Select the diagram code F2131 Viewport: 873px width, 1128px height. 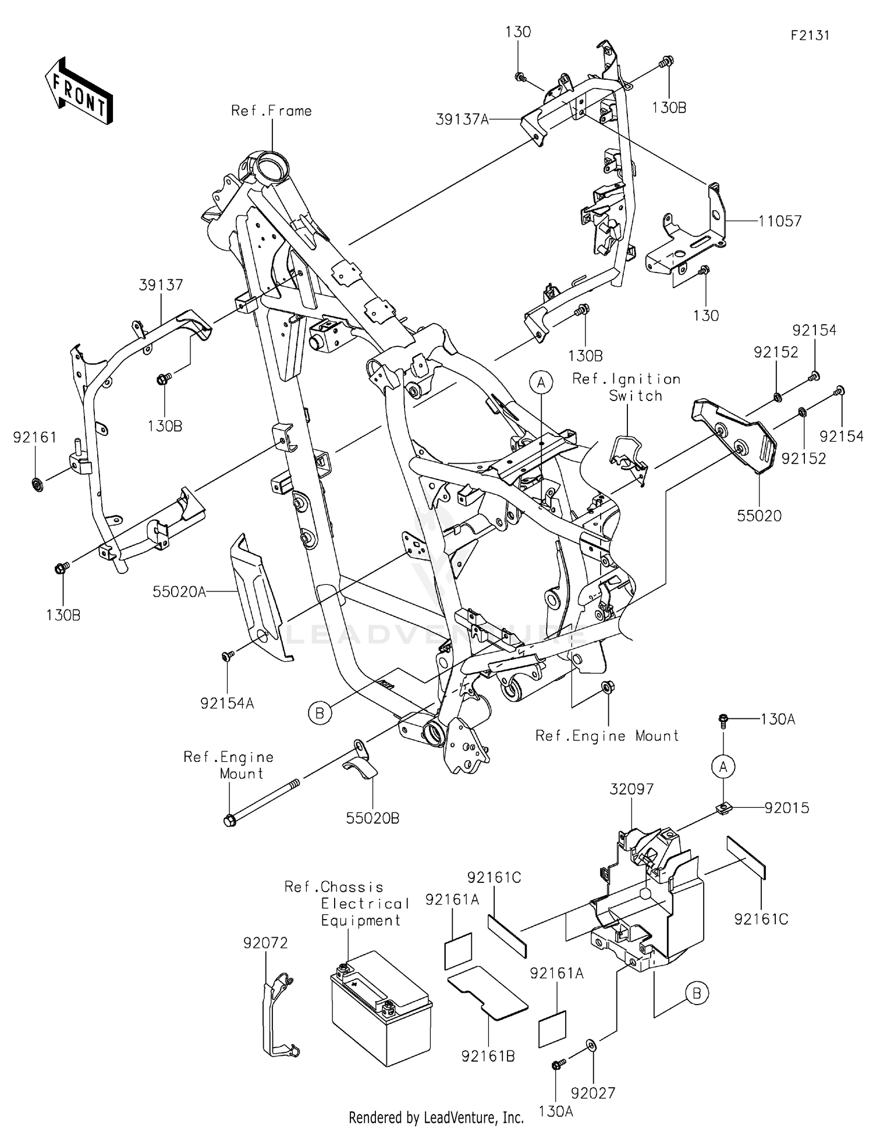tap(810, 36)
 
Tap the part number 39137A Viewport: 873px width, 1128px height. tap(462, 120)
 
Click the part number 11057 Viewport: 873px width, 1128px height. tap(779, 221)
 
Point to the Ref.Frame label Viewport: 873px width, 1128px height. tap(271, 111)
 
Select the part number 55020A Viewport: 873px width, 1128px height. tap(179, 592)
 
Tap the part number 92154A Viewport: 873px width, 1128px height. tap(227, 703)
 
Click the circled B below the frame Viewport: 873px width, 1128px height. tap(320, 712)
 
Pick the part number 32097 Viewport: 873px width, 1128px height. tap(631, 789)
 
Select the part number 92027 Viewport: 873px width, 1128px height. tap(593, 1093)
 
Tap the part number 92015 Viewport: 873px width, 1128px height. tap(786, 808)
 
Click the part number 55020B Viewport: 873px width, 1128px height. tap(372, 818)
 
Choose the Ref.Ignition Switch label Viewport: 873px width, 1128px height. tap(626, 388)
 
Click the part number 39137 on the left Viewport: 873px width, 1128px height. tap(161, 285)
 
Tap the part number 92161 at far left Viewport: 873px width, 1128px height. tap(35, 437)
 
